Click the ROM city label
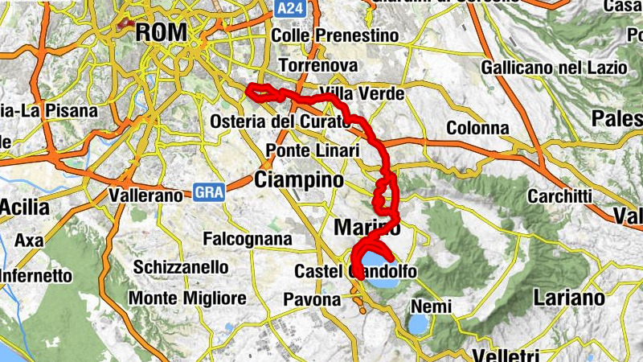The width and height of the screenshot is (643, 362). (x=162, y=32)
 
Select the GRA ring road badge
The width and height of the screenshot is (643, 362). (x=207, y=192)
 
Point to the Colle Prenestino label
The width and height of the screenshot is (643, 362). (x=335, y=36)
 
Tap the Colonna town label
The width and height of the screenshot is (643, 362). (x=477, y=128)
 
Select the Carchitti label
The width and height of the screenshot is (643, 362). (x=560, y=196)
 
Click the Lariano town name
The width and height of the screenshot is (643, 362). (x=568, y=298)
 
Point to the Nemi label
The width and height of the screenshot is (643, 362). (x=432, y=306)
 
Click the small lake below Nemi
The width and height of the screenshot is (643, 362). (x=418, y=324)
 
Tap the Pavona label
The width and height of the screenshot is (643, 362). (x=313, y=299)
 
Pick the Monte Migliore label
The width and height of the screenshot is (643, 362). (x=187, y=298)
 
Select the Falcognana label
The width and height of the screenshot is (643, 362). (x=248, y=240)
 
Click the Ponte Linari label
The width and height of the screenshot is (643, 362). (x=310, y=151)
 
